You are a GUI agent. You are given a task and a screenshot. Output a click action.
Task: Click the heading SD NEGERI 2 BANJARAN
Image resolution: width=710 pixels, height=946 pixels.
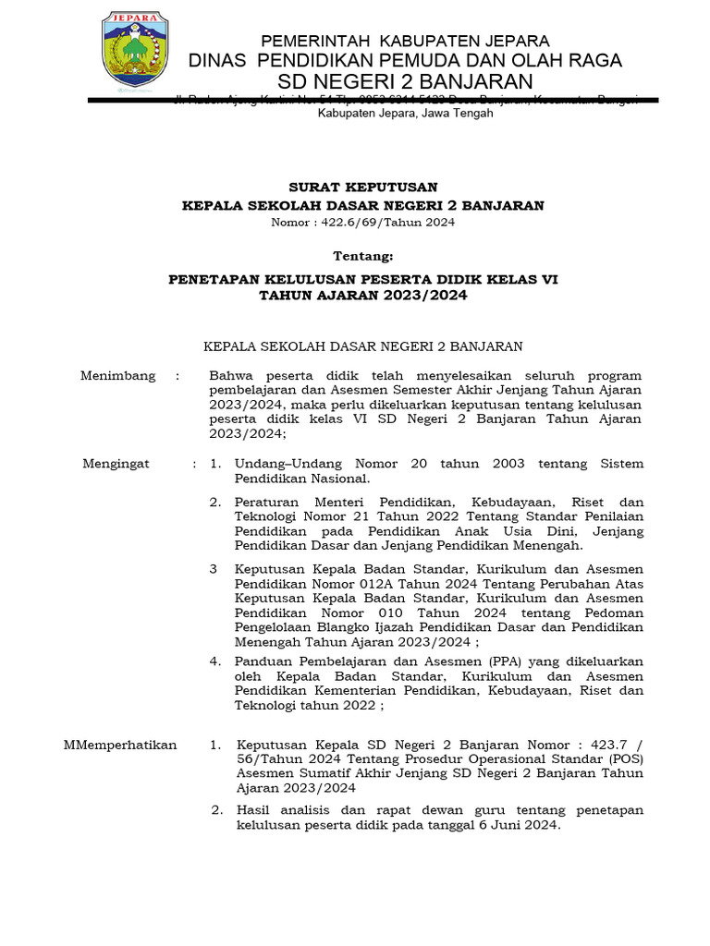coord(406,82)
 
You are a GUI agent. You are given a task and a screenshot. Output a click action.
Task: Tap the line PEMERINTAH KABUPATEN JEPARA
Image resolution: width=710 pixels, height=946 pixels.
coord(405,41)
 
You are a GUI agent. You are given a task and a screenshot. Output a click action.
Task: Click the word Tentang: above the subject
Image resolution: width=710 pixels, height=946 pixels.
coord(363,255)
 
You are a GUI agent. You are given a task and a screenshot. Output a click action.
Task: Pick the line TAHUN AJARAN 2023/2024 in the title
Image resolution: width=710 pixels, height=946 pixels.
coord(363,296)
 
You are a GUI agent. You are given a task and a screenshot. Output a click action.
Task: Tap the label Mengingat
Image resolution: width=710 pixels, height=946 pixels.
coord(116,464)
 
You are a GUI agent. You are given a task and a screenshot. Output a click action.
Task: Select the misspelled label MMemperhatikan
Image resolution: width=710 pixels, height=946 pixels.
coord(119,745)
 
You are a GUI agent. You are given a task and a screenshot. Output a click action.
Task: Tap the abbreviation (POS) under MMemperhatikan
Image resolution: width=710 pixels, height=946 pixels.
coord(625,759)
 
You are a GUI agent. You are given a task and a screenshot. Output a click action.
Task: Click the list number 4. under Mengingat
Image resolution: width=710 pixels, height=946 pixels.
coord(214,661)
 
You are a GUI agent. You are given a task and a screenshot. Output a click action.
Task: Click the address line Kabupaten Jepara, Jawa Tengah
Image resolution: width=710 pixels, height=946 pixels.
coord(405,114)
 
